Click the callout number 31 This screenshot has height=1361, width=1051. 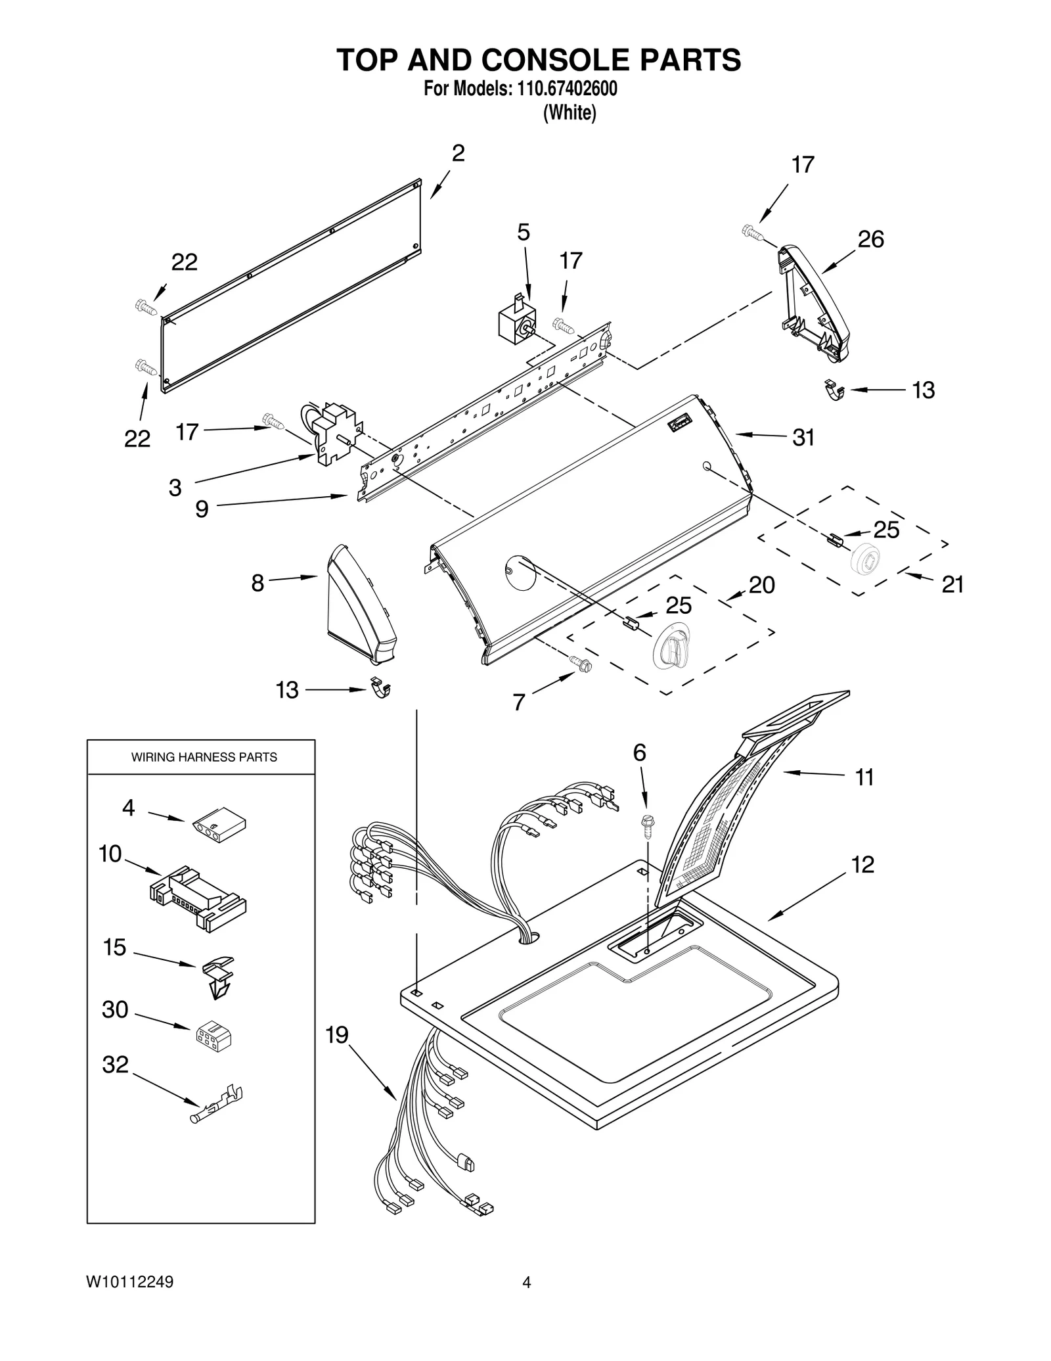pos(803,438)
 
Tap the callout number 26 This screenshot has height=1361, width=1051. pos(870,239)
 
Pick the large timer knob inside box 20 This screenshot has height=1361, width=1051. pos(669,643)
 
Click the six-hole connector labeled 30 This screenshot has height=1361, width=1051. pos(213,1036)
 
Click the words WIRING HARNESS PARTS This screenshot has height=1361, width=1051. pos(204,758)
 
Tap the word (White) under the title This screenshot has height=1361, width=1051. pos(569,113)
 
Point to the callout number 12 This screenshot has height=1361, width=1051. pos(862,864)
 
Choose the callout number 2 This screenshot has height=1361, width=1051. pos(458,153)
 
